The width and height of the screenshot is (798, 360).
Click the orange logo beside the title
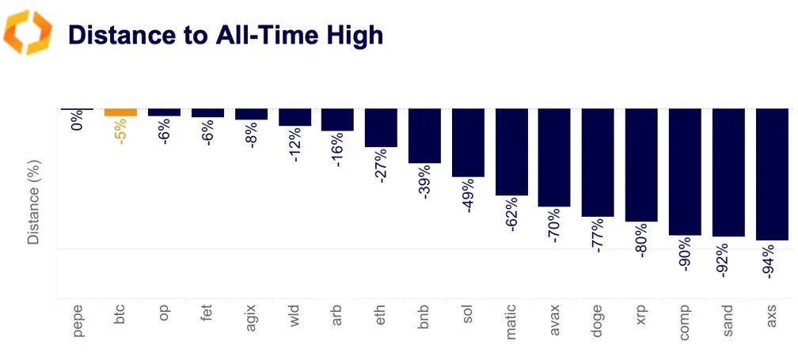28,33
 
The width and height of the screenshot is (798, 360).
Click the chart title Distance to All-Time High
226,35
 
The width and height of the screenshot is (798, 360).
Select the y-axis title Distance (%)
33,203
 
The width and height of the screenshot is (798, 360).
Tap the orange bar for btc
120,112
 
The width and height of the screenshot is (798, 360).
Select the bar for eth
381,127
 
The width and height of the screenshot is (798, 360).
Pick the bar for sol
468,142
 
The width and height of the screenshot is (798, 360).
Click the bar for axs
772,174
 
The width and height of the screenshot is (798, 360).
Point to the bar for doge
598,162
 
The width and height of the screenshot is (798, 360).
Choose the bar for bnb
424,135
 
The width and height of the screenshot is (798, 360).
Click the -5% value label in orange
120,131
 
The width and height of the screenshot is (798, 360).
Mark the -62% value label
511,214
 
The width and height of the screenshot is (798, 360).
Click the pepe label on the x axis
78,322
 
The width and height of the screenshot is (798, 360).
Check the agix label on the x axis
251,320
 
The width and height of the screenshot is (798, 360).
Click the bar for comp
685,172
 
